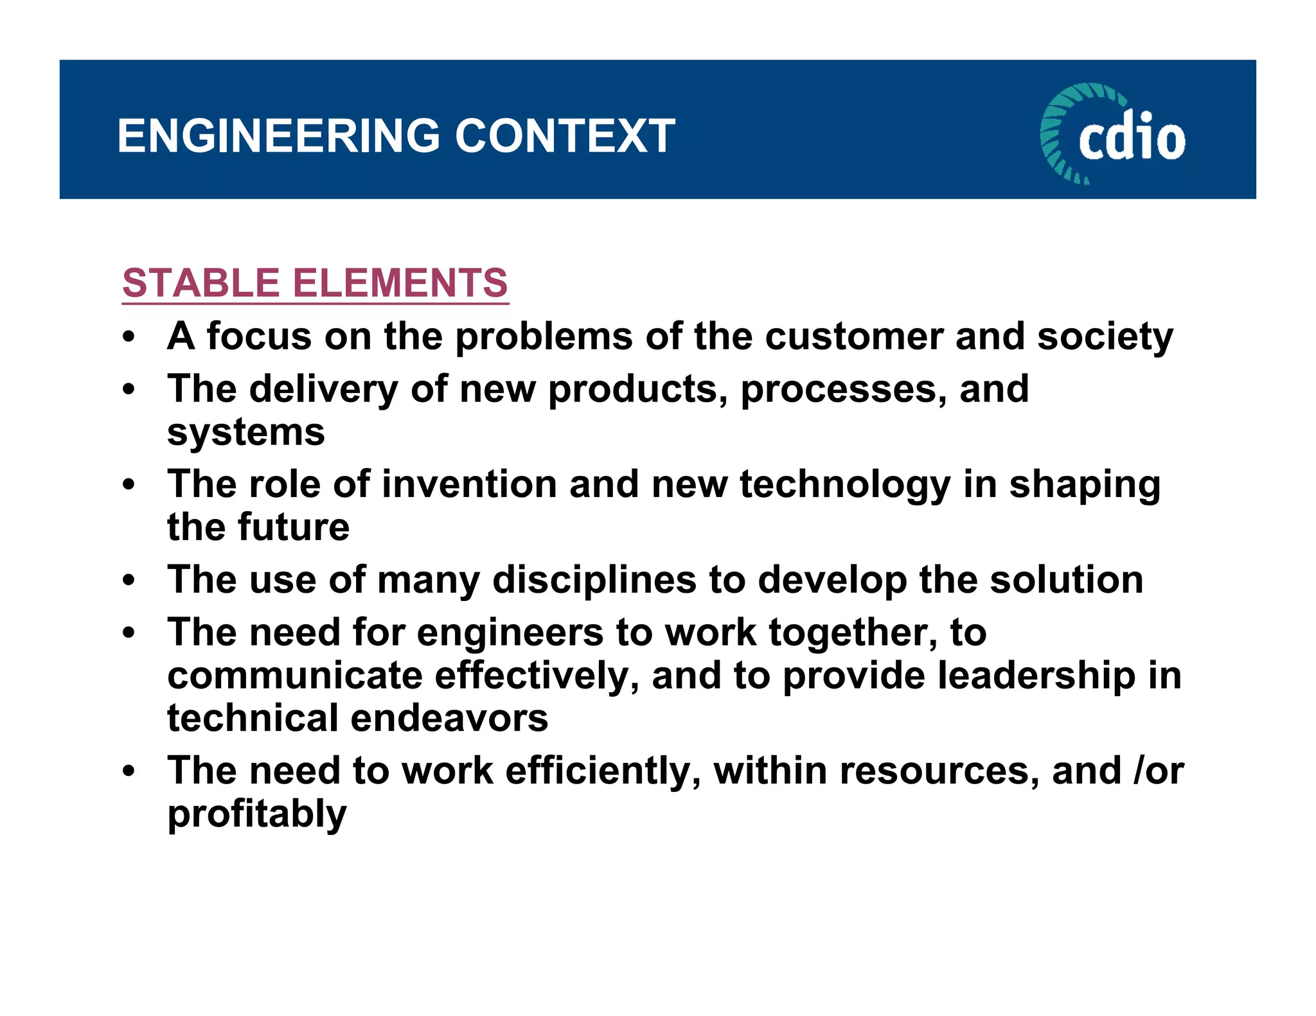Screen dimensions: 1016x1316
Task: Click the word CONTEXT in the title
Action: [x=565, y=136]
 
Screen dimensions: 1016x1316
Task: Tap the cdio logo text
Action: [x=1132, y=137]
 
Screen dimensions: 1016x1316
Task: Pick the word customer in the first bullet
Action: [x=854, y=337]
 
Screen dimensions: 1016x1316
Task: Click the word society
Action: [x=1105, y=338]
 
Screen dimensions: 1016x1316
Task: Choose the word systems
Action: [x=246, y=433]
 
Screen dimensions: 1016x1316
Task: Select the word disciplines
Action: [x=594, y=581]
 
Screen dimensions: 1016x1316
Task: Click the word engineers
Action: [x=510, y=633]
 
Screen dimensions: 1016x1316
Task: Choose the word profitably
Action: [x=257, y=815]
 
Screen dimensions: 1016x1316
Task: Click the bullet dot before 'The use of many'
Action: [x=130, y=581]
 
